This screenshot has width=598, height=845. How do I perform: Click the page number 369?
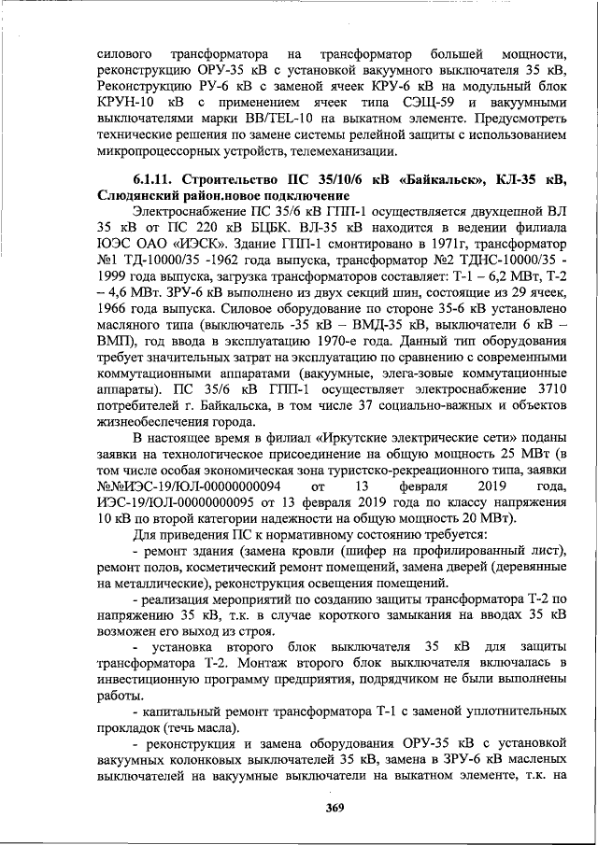click(x=335, y=809)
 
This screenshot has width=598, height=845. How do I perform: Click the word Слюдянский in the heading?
click(x=138, y=197)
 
